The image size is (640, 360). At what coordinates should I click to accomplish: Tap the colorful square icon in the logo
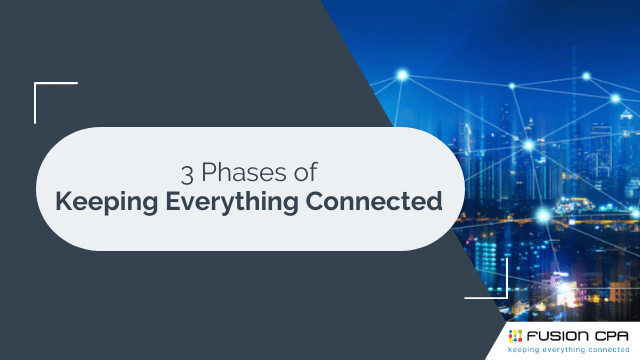515,335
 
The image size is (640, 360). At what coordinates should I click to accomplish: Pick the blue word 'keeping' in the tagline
529,350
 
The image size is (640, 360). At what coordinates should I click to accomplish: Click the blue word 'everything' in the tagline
571,350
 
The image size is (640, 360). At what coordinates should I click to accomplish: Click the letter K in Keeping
62,201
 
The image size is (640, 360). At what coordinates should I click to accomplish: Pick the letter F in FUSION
532,335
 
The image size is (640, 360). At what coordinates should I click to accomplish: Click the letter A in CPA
625,335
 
